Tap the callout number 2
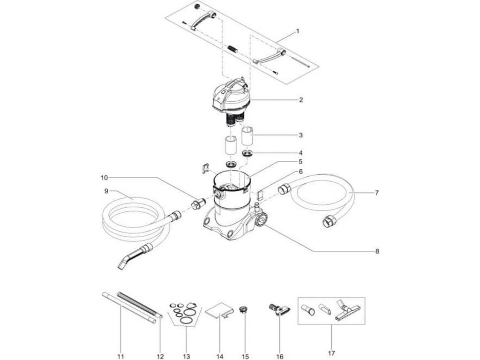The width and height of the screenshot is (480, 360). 301,100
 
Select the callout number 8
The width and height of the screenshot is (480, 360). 377,251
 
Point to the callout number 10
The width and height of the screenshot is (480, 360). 104,178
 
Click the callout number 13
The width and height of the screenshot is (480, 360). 187,357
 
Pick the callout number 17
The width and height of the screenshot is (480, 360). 332,357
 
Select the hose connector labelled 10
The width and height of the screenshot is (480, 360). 197,204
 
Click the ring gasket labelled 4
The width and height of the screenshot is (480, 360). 247,154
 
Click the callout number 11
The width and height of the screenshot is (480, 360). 120,357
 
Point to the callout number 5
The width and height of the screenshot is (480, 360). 301,161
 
